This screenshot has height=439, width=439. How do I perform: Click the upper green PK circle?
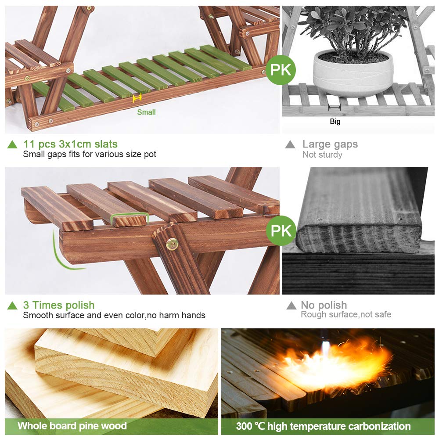point(281,70)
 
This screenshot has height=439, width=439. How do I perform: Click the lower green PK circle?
point(281,231)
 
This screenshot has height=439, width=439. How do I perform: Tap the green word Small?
point(146,112)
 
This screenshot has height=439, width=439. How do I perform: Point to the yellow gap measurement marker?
point(137,98)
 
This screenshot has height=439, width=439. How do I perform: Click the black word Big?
point(335,122)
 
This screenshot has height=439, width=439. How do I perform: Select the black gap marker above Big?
point(335,107)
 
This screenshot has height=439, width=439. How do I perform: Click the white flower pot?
point(353,73)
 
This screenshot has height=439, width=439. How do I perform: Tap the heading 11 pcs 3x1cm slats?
point(70,144)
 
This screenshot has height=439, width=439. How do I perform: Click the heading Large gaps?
point(330,144)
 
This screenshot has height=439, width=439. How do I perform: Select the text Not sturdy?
point(322,155)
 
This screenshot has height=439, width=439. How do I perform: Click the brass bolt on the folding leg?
point(172,244)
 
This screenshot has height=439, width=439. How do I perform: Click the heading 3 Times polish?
point(59,305)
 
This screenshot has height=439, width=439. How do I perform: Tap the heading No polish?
point(324,305)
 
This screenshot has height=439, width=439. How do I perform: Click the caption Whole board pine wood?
point(72,426)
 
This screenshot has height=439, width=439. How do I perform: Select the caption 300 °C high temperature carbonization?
point(324,426)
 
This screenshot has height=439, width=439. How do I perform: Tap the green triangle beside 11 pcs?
point(12,144)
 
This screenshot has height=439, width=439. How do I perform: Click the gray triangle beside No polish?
point(291,306)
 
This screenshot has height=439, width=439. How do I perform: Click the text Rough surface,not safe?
point(346,314)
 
